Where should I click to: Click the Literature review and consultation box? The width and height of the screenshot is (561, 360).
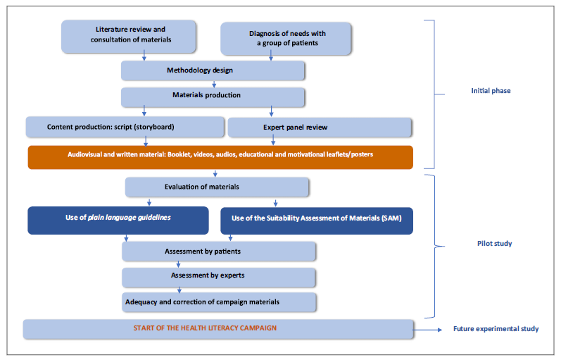[x=130, y=35]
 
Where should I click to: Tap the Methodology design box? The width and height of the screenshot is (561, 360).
[x=213, y=70]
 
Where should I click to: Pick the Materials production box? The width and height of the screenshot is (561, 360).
[x=213, y=96]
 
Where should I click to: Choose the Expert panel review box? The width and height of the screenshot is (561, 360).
[x=320, y=127]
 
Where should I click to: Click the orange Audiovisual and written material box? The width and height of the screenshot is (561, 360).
[x=220, y=157]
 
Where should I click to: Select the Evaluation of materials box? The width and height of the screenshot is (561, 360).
[x=217, y=187]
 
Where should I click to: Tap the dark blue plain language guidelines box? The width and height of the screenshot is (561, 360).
[x=118, y=219]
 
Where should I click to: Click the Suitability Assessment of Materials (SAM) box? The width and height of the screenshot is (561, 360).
[x=317, y=219]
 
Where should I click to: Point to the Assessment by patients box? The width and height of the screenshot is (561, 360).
[x=218, y=251]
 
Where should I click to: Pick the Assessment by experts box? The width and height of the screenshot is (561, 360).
[x=218, y=276]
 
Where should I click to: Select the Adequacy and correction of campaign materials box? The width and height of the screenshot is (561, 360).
[x=218, y=302]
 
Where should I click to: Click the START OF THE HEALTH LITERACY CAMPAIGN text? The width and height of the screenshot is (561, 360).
[x=205, y=328]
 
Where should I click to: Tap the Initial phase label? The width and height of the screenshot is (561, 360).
[x=491, y=91]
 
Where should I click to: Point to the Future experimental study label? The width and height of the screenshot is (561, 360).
[x=495, y=329]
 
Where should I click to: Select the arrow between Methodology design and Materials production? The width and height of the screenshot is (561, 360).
[x=213, y=84]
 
